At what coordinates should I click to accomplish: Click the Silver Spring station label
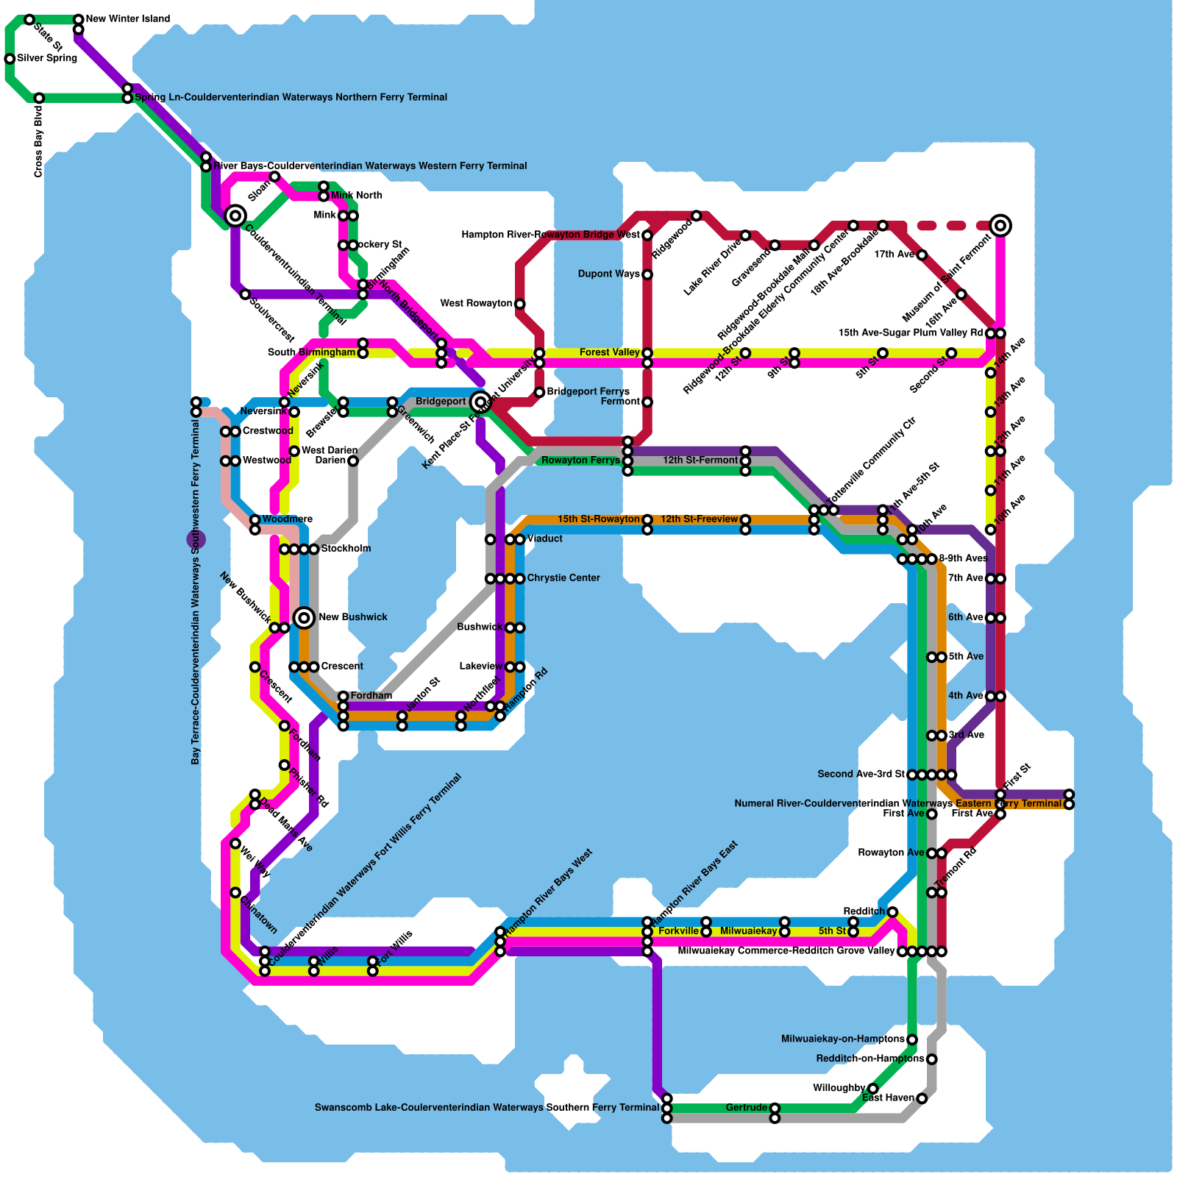click(46, 58)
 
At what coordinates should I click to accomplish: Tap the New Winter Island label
click(127, 18)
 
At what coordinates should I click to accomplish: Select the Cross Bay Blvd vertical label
click(38, 142)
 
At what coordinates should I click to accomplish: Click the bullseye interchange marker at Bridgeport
click(480, 402)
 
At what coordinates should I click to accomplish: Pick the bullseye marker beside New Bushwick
click(304, 617)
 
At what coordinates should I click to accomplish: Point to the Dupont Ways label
click(609, 274)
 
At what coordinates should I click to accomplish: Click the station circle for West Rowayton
click(519, 304)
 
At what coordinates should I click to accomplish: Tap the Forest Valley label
click(609, 352)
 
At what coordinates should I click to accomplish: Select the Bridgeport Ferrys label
click(588, 391)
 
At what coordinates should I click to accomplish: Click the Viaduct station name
click(544, 538)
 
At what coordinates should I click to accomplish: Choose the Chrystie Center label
click(563, 577)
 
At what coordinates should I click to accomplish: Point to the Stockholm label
click(346, 548)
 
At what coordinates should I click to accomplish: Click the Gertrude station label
click(746, 1107)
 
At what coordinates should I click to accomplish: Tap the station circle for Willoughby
click(872, 1089)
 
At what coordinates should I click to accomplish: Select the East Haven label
click(888, 1098)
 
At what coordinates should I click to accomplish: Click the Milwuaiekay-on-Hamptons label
click(842, 1039)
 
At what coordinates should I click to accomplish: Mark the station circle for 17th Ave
click(922, 255)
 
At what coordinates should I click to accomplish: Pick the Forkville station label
click(678, 931)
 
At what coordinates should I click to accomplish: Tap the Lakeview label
click(480, 666)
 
